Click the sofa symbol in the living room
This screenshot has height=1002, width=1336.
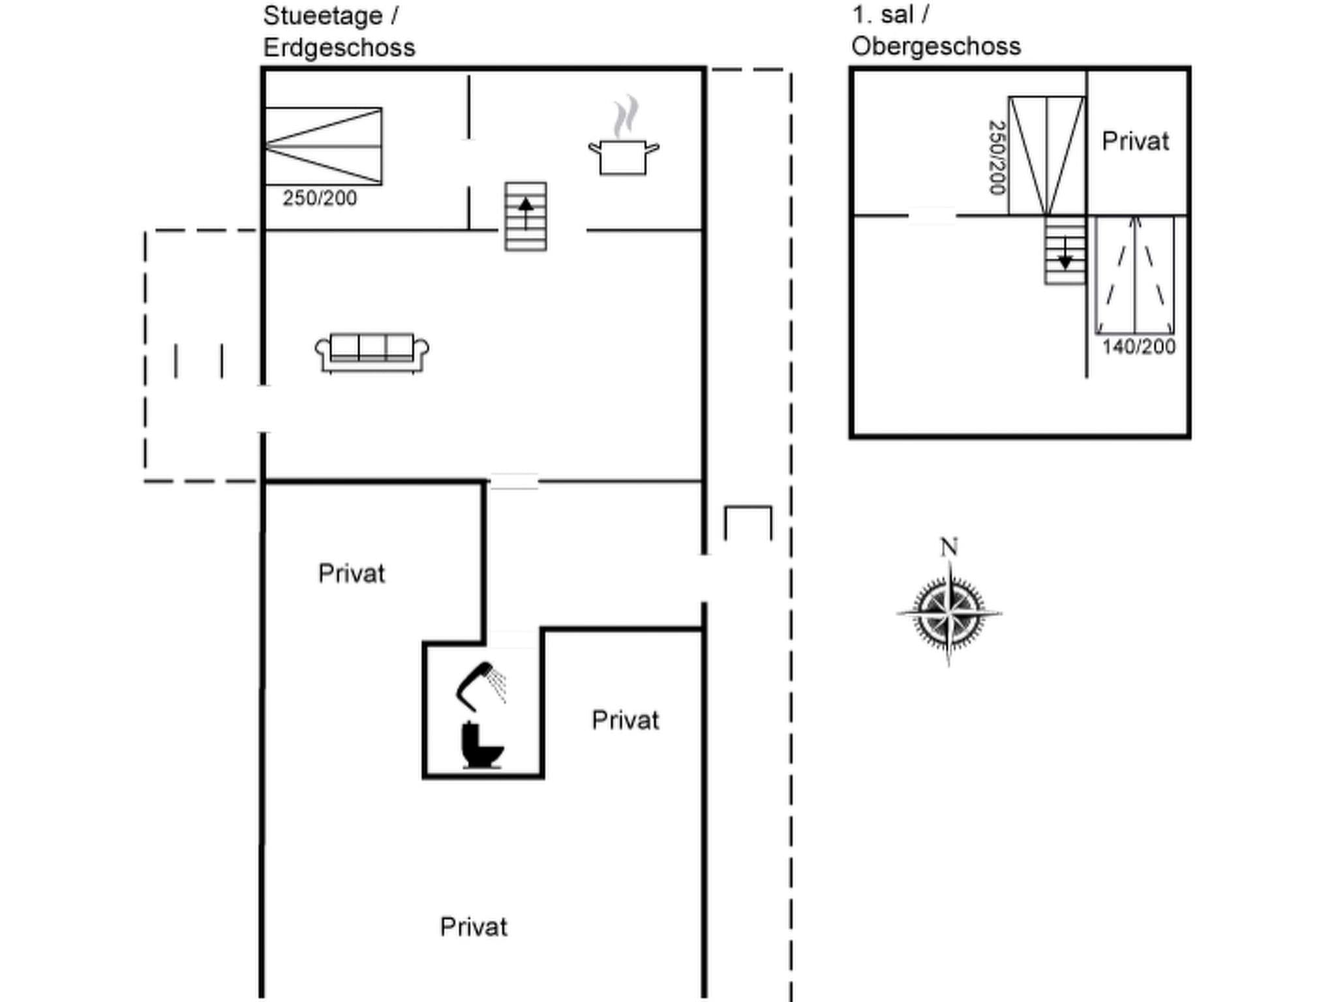(372, 352)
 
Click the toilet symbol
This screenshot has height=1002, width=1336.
(481, 745)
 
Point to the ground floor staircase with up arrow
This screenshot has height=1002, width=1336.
(526, 217)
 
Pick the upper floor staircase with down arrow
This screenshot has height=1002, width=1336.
(1065, 250)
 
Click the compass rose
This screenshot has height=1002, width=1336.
(949, 613)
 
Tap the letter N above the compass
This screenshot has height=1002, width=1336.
(949, 547)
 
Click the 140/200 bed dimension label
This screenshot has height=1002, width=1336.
(1139, 346)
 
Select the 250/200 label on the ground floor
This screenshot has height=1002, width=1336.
(320, 198)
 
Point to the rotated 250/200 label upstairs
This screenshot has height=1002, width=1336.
(997, 157)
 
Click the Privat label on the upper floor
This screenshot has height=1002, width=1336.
(1136, 142)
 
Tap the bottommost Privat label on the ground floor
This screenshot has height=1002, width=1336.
(474, 927)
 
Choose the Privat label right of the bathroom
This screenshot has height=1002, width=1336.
(626, 720)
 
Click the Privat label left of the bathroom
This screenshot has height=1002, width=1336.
(352, 574)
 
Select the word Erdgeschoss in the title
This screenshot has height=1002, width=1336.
(339, 48)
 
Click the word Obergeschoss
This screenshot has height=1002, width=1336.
(936, 46)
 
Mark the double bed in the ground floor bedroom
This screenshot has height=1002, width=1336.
(324, 146)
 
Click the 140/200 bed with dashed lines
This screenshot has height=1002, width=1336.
(1135, 275)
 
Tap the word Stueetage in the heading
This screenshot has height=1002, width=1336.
(323, 16)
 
